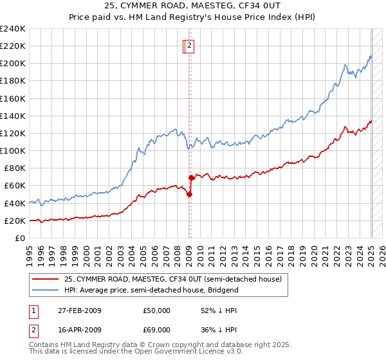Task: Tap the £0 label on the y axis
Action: coord(21,238)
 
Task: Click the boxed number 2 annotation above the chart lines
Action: coord(190,46)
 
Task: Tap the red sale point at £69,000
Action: coord(191,177)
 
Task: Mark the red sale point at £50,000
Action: coord(189,194)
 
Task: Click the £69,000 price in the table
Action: coord(157,331)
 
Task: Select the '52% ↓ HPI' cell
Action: coord(219,310)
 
